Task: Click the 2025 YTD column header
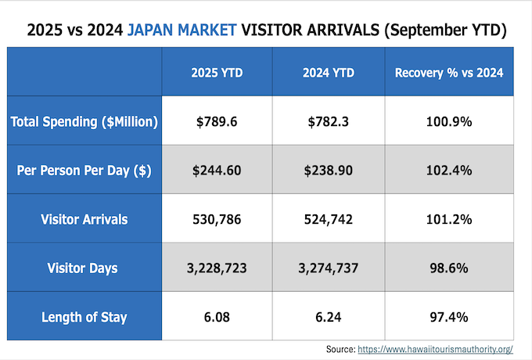217,73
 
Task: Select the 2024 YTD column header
329,73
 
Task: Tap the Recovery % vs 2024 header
449,73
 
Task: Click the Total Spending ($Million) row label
84,121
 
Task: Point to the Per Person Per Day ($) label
84,170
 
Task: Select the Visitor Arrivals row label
84,219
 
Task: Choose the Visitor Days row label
84,268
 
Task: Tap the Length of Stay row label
84,317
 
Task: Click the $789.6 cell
217,121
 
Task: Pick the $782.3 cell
329,121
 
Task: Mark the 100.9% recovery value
449,121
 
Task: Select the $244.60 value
217,170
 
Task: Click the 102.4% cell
449,170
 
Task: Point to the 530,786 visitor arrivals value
217,219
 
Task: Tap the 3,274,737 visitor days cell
329,268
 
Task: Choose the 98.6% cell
449,268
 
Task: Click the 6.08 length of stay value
217,317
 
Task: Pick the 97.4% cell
449,317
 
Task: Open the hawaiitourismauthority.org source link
435,349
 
